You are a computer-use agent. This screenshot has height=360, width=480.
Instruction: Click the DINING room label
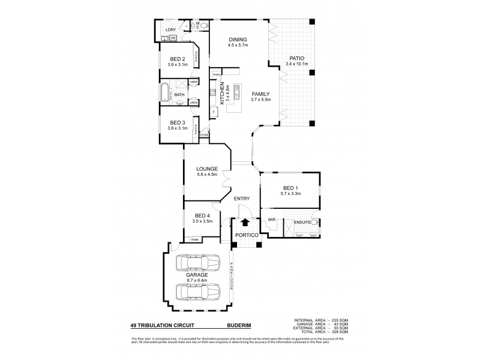(x=238, y=40)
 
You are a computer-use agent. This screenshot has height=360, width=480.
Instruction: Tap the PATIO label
(x=298, y=58)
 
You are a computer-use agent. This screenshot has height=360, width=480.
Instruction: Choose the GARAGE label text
(x=196, y=275)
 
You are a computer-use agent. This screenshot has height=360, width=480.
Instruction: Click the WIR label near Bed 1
(x=271, y=220)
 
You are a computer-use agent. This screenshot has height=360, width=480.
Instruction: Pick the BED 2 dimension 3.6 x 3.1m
(x=178, y=64)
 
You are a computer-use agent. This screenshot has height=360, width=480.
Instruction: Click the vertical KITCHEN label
(x=221, y=93)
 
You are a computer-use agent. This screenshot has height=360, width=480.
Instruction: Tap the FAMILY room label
(x=261, y=94)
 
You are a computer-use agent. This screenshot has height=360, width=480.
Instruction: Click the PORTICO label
(x=246, y=235)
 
